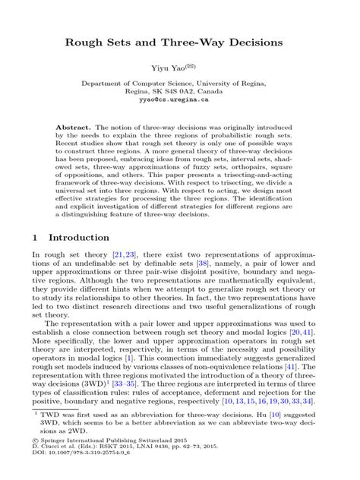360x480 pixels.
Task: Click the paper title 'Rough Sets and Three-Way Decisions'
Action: pyautogui.click(x=180, y=43)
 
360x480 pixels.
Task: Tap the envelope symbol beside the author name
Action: pyautogui.click(x=196, y=67)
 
